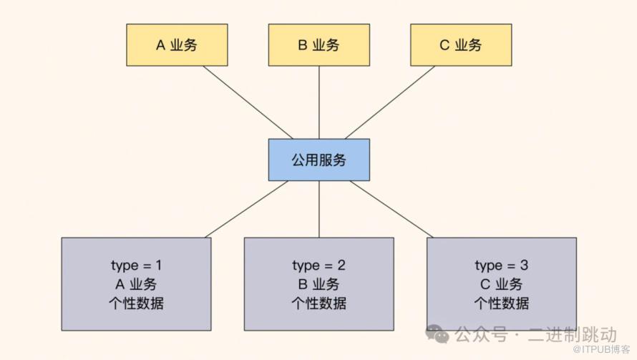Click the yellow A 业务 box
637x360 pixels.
(x=177, y=45)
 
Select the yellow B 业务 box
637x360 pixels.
(x=318, y=45)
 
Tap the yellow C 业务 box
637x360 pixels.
(x=461, y=45)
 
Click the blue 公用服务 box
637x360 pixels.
(x=318, y=160)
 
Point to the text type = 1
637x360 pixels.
(x=136, y=266)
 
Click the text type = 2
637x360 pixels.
(x=318, y=266)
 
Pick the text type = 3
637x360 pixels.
(x=501, y=266)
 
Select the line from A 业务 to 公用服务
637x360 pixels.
(x=248, y=102)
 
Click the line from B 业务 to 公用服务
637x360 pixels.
(x=318, y=102)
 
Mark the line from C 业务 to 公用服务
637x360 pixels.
(x=390, y=102)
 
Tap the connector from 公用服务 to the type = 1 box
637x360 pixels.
(x=247, y=209)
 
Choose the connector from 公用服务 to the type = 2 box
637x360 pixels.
(x=318, y=209)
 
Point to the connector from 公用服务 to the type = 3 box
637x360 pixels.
(x=392, y=209)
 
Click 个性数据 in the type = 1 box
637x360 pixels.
(x=136, y=303)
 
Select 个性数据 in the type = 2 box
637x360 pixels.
(x=318, y=303)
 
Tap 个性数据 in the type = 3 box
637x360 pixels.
(x=501, y=303)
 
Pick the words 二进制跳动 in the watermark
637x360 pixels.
(x=572, y=334)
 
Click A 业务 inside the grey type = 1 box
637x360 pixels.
(x=136, y=284)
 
